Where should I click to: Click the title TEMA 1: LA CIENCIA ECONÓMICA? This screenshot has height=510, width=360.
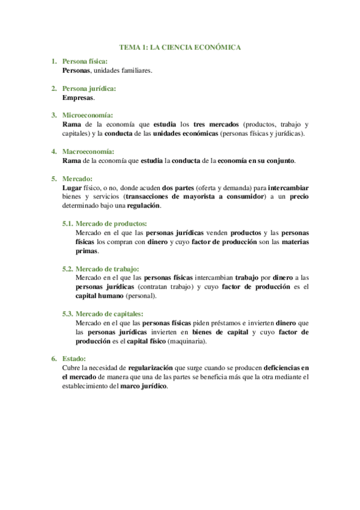tap(180, 46)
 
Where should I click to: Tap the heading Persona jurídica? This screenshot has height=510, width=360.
tap(89, 89)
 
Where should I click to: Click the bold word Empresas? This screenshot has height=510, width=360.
tap(78, 97)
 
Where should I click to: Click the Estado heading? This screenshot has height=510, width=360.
tap(75, 358)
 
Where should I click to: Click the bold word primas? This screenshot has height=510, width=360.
tap(86, 251)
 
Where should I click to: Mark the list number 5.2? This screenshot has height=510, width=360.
tap(68, 269)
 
